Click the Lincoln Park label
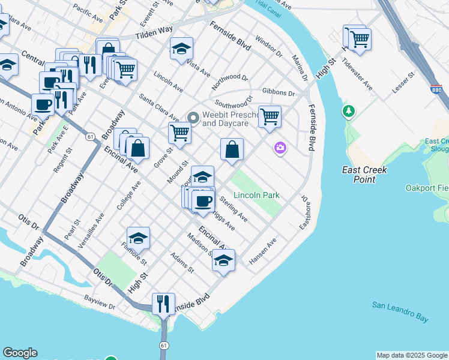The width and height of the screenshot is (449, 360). pyautogui.click(x=257, y=196)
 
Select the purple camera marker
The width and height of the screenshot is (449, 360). pyautogui.click(x=280, y=148)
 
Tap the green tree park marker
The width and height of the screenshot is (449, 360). pyautogui.click(x=348, y=111)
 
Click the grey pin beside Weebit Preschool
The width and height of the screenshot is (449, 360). pyautogui.click(x=193, y=118)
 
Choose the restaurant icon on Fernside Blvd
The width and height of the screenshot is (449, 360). pyautogui.click(x=163, y=304)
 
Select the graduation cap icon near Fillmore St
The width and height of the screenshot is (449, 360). pyautogui.click(x=138, y=238)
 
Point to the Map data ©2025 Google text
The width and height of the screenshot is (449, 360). pyautogui.click(x=412, y=355)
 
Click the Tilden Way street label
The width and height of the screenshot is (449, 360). pyautogui.click(x=154, y=30)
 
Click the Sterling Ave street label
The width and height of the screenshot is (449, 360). pyautogui.click(x=234, y=208)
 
